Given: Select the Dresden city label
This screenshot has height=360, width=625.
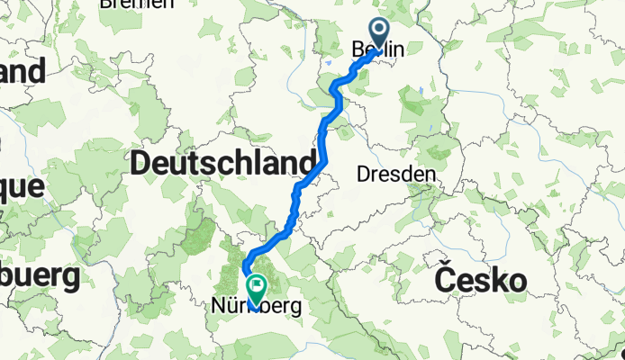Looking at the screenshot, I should [x=397, y=174].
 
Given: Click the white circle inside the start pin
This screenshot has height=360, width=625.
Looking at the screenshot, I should [x=378, y=31].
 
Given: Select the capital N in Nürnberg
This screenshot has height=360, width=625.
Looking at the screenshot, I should [x=217, y=307].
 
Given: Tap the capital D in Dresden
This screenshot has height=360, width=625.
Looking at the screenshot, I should [x=364, y=174].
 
